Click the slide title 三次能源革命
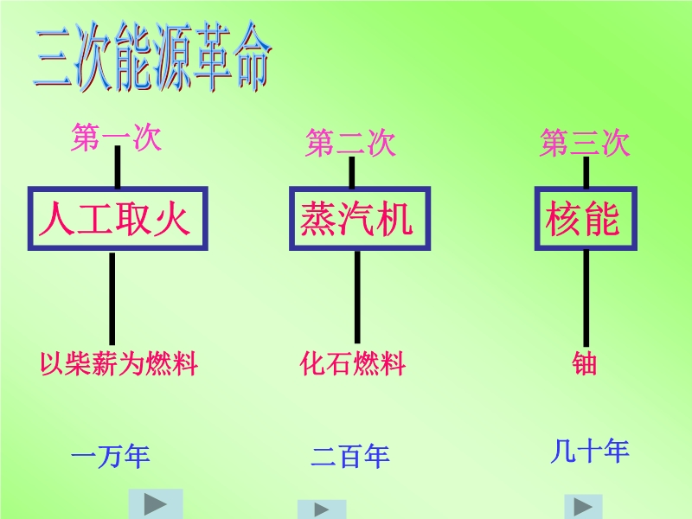[x=152, y=56]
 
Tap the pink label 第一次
[x=117, y=138]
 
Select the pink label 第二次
[x=350, y=143]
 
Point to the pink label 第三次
[x=585, y=143]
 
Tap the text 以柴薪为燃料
[x=119, y=363]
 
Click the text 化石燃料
[x=353, y=363]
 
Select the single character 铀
[x=585, y=363]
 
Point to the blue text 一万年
[x=111, y=457]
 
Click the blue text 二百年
[x=350, y=457]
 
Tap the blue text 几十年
[x=590, y=451]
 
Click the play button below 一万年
[x=156, y=504]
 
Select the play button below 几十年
[x=583, y=507]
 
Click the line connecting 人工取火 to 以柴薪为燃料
[x=112, y=298]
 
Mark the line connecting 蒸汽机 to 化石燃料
[x=357, y=297]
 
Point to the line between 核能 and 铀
[x=586, y=298]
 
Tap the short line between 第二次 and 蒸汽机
[x=352, y=172]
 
